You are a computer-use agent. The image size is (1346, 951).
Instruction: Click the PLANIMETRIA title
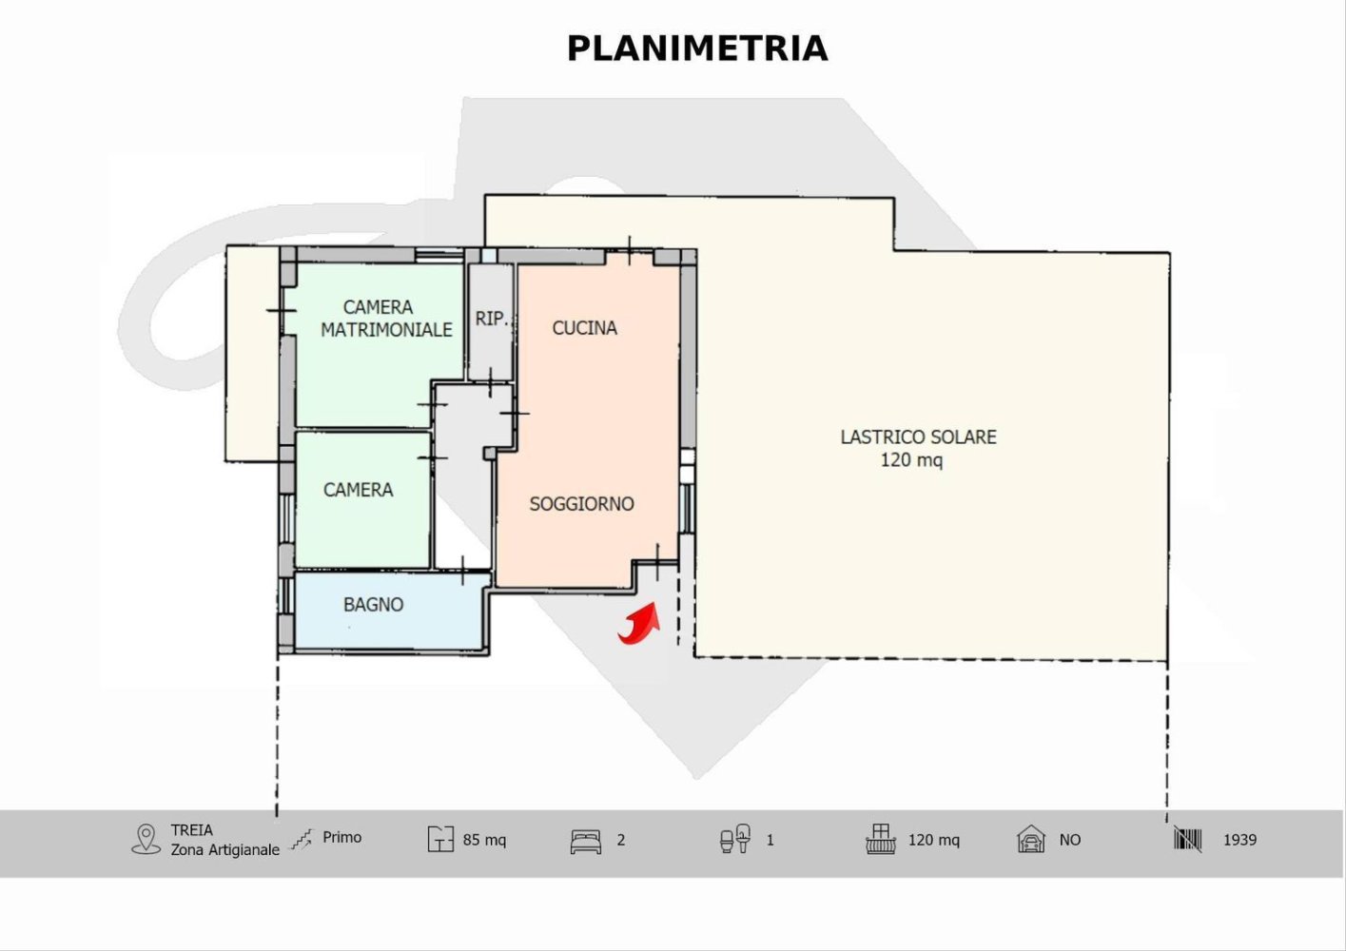pos(697,49)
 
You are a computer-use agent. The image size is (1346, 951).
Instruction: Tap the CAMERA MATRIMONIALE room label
pos(385,319)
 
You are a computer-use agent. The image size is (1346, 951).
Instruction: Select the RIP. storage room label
pos(492,319)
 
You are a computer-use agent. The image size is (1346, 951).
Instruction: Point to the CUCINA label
pos(584,328)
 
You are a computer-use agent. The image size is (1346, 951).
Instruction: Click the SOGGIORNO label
pos(581,504)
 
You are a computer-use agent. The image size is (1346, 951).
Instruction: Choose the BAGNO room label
pos(373,605)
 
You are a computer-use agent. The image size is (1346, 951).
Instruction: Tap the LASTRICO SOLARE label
pos(918,437)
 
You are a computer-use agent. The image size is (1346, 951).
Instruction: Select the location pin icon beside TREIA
pos(146,839)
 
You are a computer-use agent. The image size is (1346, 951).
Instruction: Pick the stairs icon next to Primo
pos(302,839)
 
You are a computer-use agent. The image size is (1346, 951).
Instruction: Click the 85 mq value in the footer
pos(484,840)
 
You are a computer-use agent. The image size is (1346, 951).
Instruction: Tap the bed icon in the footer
pos(586,841)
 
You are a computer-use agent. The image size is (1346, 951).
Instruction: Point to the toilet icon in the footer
pos(735,839)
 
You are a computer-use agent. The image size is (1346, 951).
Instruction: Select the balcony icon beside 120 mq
pos(881,839)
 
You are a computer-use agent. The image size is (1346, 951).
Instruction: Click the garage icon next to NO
pos(1031,840)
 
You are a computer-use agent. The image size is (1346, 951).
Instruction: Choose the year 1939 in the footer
pos(1239,840)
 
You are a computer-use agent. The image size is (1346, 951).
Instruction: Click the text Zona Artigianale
pos(225,850)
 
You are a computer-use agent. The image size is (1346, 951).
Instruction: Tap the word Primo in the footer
pos(341,838)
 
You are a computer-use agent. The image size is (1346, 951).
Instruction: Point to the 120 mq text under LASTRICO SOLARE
pos(911,461)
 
